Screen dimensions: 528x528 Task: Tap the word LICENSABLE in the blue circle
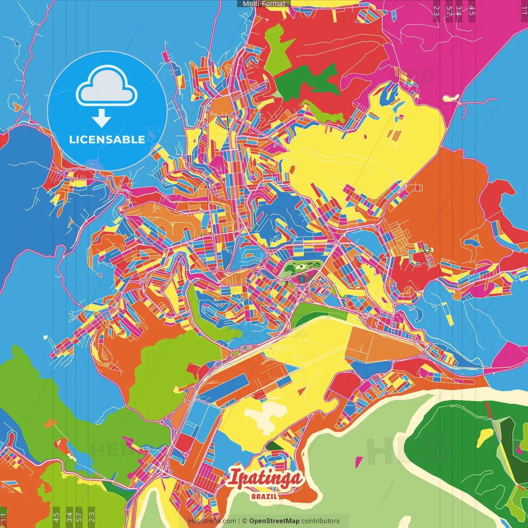[107, 139]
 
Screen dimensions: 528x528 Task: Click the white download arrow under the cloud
[101, 118]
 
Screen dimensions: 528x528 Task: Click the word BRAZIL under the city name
[264, 496]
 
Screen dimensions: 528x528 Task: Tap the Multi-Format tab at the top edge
[264, 4]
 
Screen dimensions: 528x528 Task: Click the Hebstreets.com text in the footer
[212, 521]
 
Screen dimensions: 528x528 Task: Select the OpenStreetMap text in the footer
[274, 521]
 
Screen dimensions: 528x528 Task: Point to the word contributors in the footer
[321, 521]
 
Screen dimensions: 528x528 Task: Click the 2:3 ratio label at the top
[436, 11]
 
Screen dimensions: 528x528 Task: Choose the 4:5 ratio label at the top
[471, 11]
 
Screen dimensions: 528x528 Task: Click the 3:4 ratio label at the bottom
[69, 516]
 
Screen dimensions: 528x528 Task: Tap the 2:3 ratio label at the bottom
[92, 516]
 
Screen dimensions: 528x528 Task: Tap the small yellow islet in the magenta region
[451, 98]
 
